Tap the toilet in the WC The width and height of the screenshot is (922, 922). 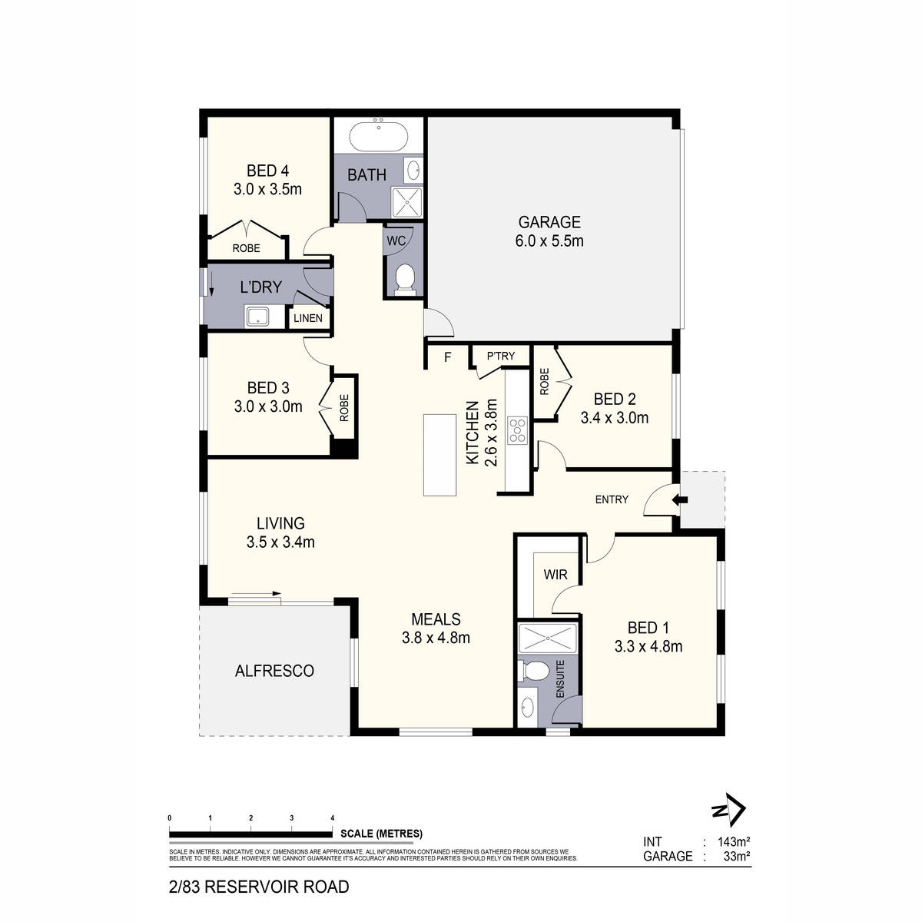403,278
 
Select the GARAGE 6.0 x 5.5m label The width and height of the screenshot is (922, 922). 549,231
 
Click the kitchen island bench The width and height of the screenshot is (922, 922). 439,456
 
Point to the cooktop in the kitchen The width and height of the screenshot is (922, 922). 517,431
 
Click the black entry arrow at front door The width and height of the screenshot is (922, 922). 680,500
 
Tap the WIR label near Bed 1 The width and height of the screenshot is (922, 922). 555,574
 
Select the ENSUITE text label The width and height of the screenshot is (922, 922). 560,678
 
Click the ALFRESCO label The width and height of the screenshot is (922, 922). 274,671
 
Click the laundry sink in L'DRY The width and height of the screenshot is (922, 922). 257,315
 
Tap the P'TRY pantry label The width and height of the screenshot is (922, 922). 501,356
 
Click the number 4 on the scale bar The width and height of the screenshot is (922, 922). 332,818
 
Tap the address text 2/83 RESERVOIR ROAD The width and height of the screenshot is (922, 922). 258,887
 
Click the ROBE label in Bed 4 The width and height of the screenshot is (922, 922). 247,248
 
